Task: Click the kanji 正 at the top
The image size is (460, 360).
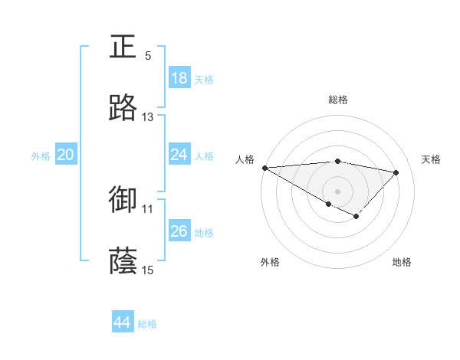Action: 123,47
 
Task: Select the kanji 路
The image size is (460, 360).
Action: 123,108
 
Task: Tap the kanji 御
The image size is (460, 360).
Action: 123,199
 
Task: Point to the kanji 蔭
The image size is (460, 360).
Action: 123,261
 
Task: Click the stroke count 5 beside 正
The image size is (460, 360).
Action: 148,55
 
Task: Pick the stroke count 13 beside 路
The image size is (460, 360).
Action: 148,116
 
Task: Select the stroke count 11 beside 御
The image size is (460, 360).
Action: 148,208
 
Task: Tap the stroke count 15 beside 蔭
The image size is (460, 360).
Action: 148,270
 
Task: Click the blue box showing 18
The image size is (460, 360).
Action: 179,78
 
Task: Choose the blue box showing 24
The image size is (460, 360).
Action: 179,155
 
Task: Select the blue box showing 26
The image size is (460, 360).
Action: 179,231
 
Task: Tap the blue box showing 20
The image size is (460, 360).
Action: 66,155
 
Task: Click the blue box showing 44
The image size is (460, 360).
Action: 123,322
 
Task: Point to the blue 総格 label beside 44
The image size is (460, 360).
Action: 147,324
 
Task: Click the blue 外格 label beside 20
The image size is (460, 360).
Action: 41,156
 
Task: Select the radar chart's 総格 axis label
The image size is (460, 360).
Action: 337,100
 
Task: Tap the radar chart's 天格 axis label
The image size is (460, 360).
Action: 432,159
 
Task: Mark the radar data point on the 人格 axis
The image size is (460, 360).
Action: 264,168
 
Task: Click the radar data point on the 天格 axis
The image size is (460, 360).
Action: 396,172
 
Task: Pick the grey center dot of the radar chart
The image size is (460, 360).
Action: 337,191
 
